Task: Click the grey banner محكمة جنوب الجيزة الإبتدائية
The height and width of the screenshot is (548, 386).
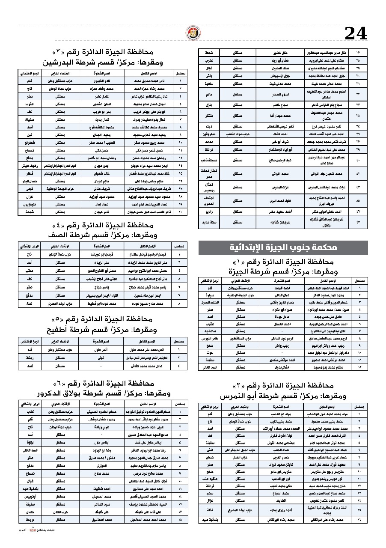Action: tap(283, 247)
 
